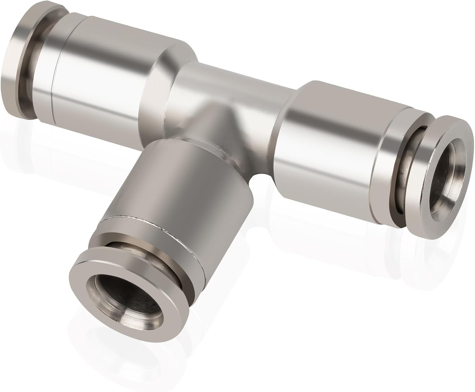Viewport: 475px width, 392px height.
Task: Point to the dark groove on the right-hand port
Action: [x=408, y=177]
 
